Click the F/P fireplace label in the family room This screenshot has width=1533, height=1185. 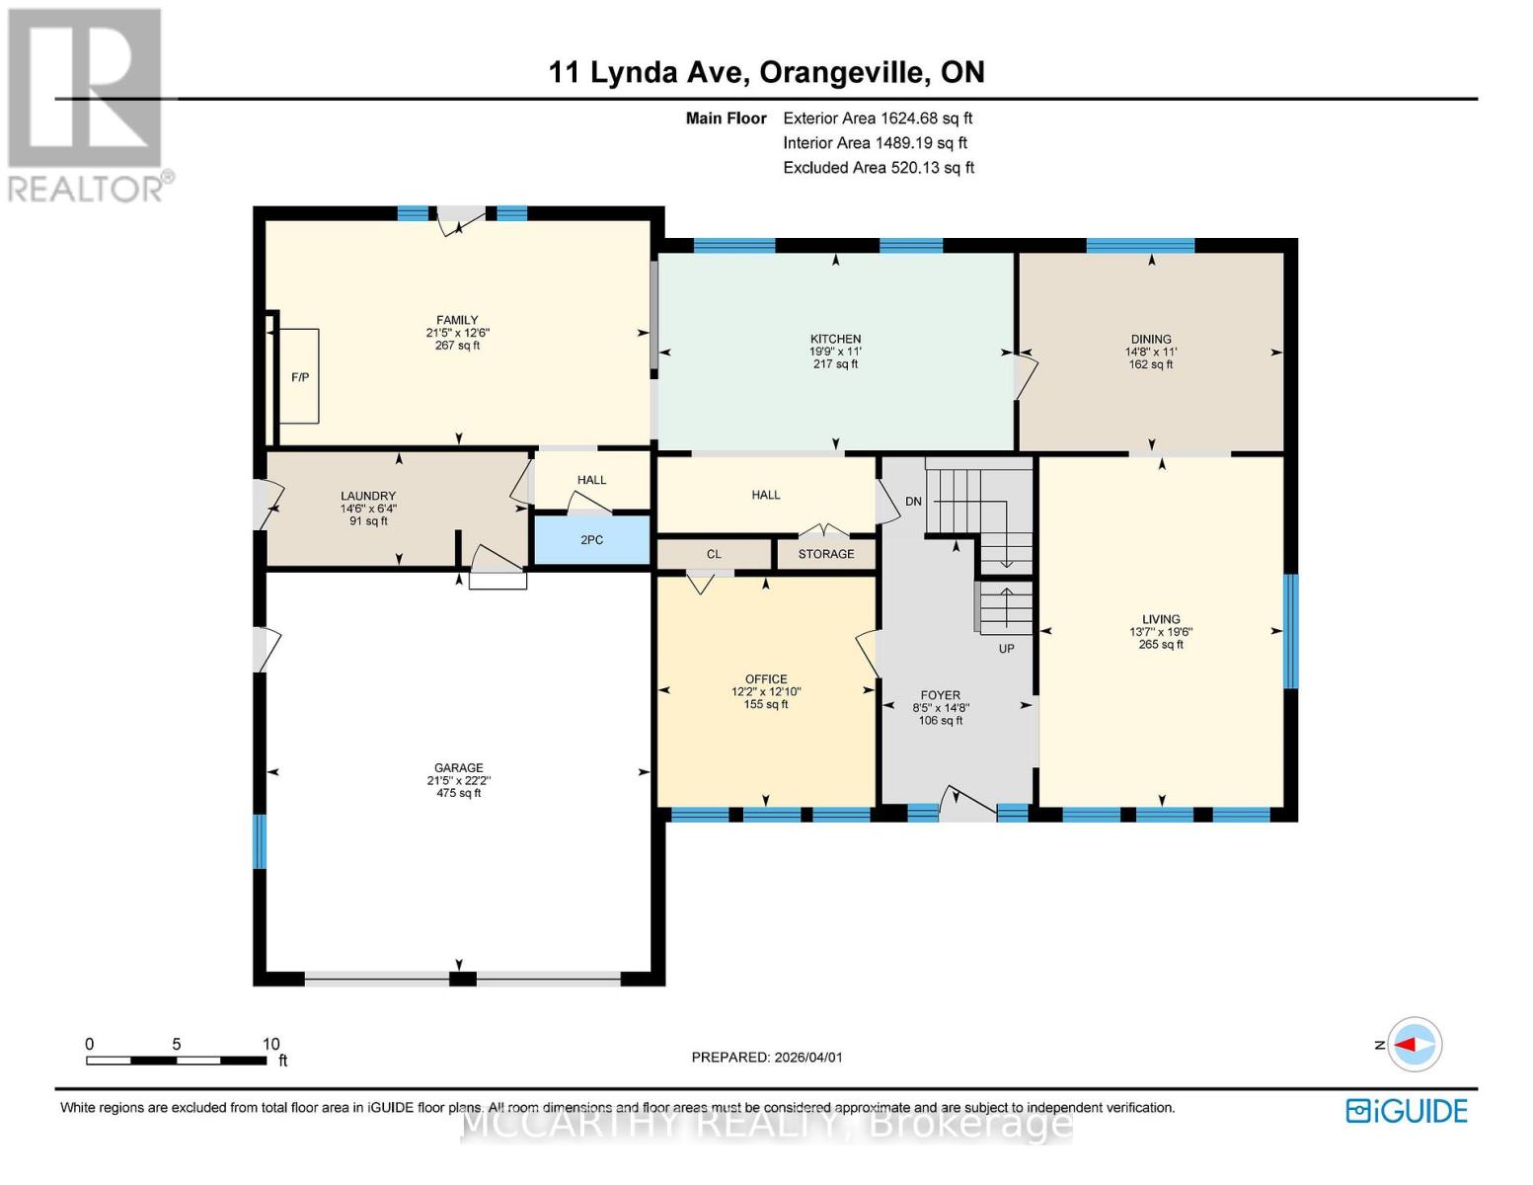tap(300, 377)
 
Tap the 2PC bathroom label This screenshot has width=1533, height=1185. tap(591, 540)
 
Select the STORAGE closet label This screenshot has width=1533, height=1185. tap(826, 554)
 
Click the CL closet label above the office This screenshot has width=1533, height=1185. tap(714, 554)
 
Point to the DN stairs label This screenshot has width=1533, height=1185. tap(913, 502)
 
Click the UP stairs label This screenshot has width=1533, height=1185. tap(1006, 649)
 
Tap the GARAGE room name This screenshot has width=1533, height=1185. tap(458, 767)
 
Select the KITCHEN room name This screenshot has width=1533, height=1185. tap(835, 339)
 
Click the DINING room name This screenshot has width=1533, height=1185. tap(1151, 339)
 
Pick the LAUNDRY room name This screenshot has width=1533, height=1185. tap(368, 496)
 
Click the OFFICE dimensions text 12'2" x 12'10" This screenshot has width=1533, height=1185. tap(766, 692)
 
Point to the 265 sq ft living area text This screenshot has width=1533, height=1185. tap(1161, 645)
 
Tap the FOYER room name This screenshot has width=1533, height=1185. tap(940, 695)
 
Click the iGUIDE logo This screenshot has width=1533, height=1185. tap(1407, 1111)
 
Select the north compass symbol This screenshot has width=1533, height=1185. tap(1415, 1044)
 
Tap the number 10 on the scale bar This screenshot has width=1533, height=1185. tap(271, 1044)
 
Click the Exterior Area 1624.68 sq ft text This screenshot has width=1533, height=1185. tap(878, 118)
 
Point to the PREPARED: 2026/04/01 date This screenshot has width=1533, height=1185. tap(767, 1058)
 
